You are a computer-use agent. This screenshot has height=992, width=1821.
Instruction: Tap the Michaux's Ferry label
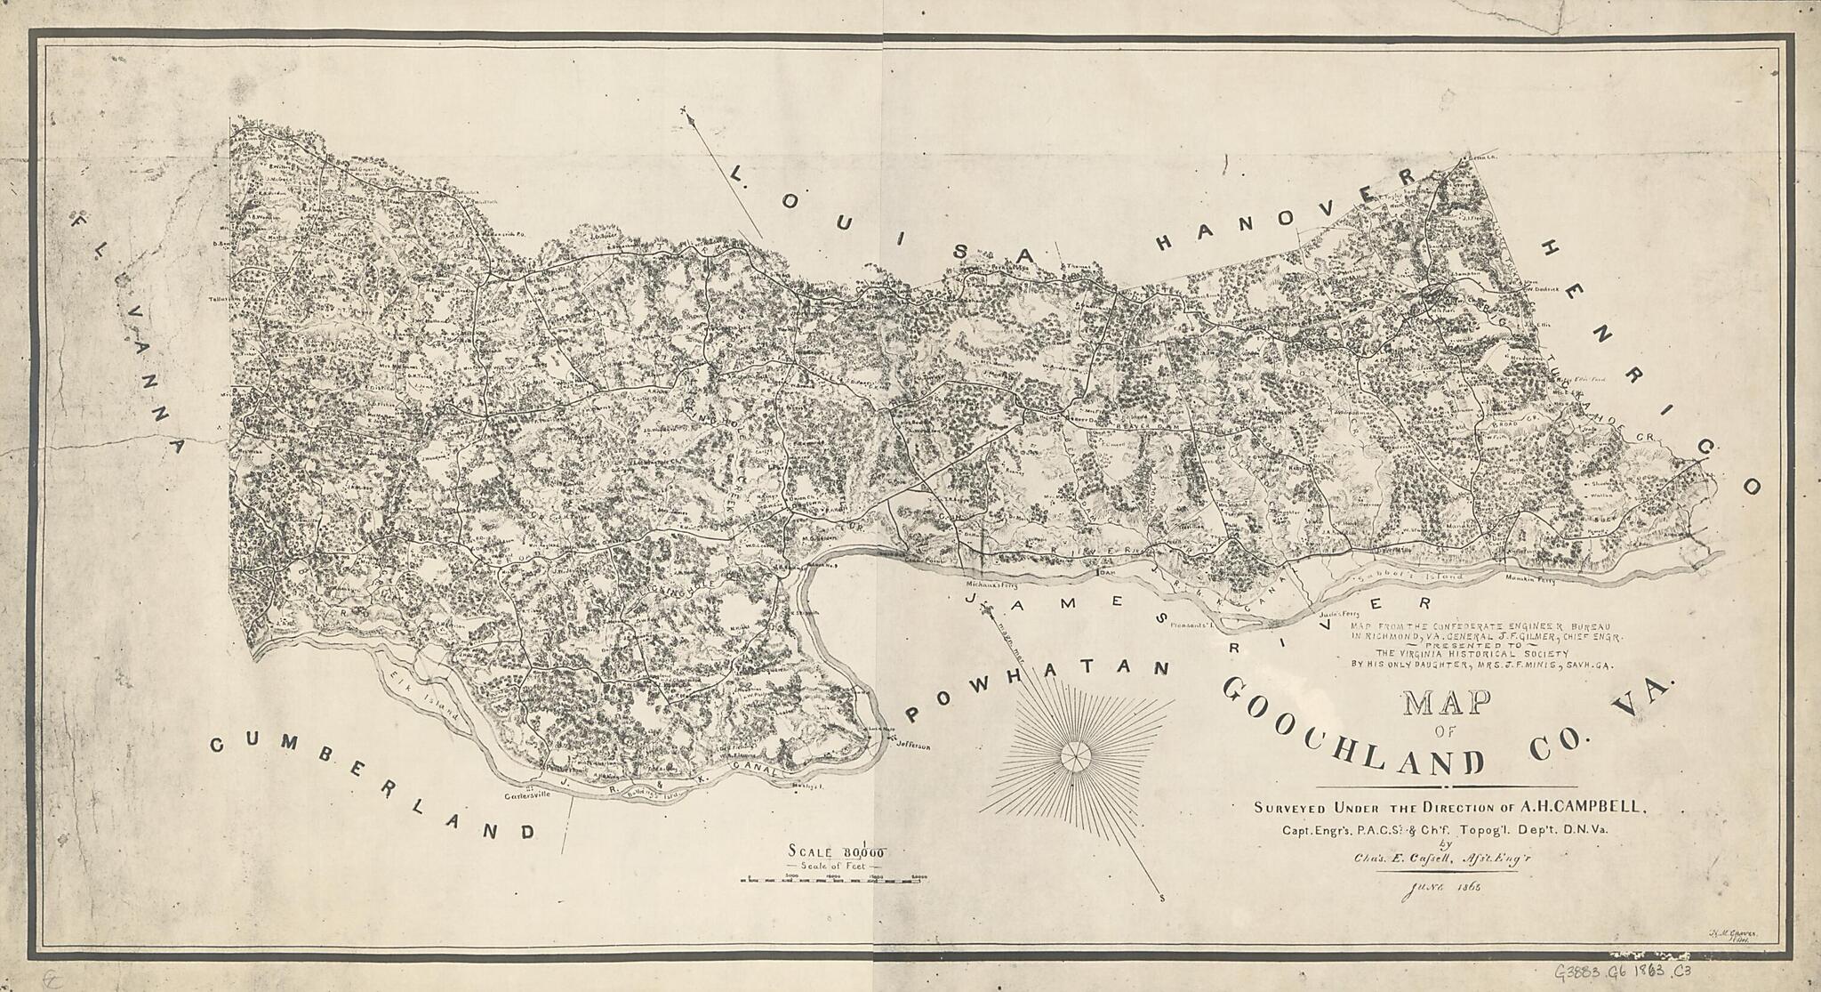pyautogui.click(x=991, y=585)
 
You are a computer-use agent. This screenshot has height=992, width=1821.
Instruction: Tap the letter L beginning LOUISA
pyautogui.click(x=735, y=174)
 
